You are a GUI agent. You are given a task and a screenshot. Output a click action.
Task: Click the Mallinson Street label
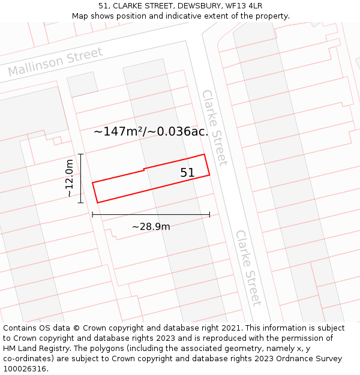[56, 62]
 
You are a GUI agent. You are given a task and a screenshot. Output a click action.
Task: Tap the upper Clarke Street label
[215, 127]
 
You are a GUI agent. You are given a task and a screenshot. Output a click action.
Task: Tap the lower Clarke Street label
[248, 268]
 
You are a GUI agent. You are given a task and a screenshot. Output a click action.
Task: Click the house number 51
[188, 173]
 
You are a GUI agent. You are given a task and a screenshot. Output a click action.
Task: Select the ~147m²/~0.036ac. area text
[151, 132]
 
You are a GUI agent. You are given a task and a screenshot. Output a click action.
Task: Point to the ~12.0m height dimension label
[70, 178]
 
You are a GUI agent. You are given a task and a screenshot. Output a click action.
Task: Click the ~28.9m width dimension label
[151, 227]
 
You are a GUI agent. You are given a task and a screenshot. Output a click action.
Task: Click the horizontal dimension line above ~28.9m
[151, 214]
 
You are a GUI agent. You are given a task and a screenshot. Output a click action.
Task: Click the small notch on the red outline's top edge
[144, 169]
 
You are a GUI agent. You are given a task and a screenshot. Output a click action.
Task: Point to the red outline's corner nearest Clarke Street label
[205, 154]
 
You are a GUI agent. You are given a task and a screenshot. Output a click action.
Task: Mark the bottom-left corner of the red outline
[98, 202]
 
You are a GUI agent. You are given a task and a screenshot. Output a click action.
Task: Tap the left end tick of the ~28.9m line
[92, 214]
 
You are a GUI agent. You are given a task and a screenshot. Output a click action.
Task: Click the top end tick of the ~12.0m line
[80, 154]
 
